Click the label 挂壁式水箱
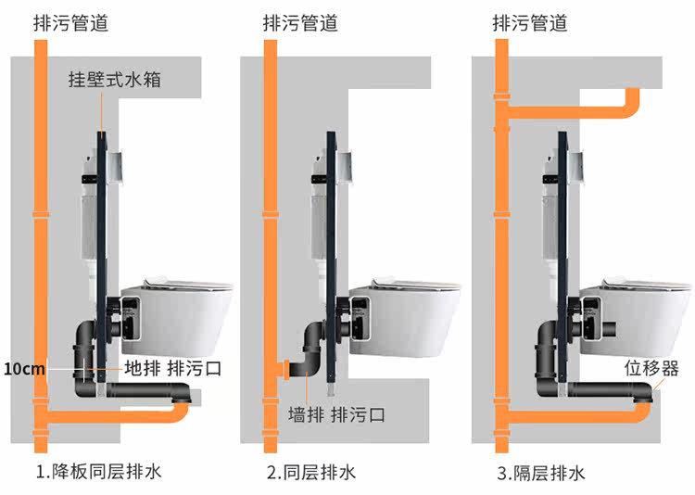pyautogui.click(x=115, y=79)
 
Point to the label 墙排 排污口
pyautogui.click(x=335, y=413)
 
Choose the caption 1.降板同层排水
pyautogui.click(x=98, y=472)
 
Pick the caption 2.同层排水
pyautogui.click(x=310, y=473)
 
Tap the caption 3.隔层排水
pyautogui.click(x=540, y=473)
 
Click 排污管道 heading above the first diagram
pyautogui.click(x=69, y=21)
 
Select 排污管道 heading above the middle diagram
pyautogui.click(x=300, y=21)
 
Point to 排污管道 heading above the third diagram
pyautogui.click(x=529, y=21)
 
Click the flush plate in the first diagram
pyautogui.click(x=116, y=167)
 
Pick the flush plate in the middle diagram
pyautogui.click(x=346, y=167)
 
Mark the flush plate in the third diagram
pyautogui.click(x=576, y=167)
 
